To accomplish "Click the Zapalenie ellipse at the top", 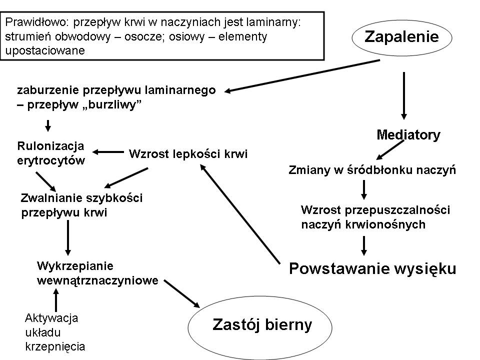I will pos(402,37).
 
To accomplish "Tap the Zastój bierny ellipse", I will pos(262,325).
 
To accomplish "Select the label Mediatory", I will pos(408,134).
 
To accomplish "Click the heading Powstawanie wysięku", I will pos(373,268).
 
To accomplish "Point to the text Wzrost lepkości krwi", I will pos(188,153).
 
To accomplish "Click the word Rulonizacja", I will pos(50,145).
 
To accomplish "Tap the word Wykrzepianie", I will pos(76,265).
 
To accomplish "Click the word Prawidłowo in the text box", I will pos(28,22).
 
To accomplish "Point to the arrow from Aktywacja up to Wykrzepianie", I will pos(55,301).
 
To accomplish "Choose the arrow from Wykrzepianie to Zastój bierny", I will pos(182,293).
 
